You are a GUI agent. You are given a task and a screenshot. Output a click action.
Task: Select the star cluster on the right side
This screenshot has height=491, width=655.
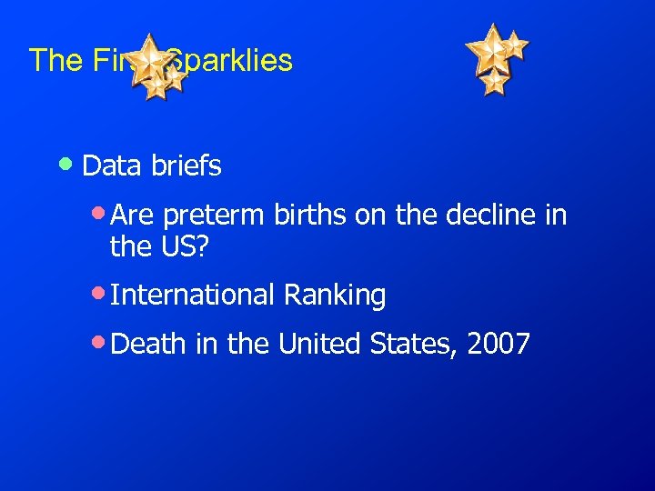496,56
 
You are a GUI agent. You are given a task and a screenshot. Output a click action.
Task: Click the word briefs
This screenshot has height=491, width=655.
186,166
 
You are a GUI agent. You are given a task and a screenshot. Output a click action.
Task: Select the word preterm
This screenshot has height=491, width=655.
211,217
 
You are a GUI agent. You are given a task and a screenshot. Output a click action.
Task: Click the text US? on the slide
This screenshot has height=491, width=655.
189,245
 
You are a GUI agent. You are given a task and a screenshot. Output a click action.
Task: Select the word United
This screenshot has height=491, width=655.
321,345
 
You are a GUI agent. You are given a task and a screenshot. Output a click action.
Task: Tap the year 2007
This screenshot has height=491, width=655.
499,345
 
